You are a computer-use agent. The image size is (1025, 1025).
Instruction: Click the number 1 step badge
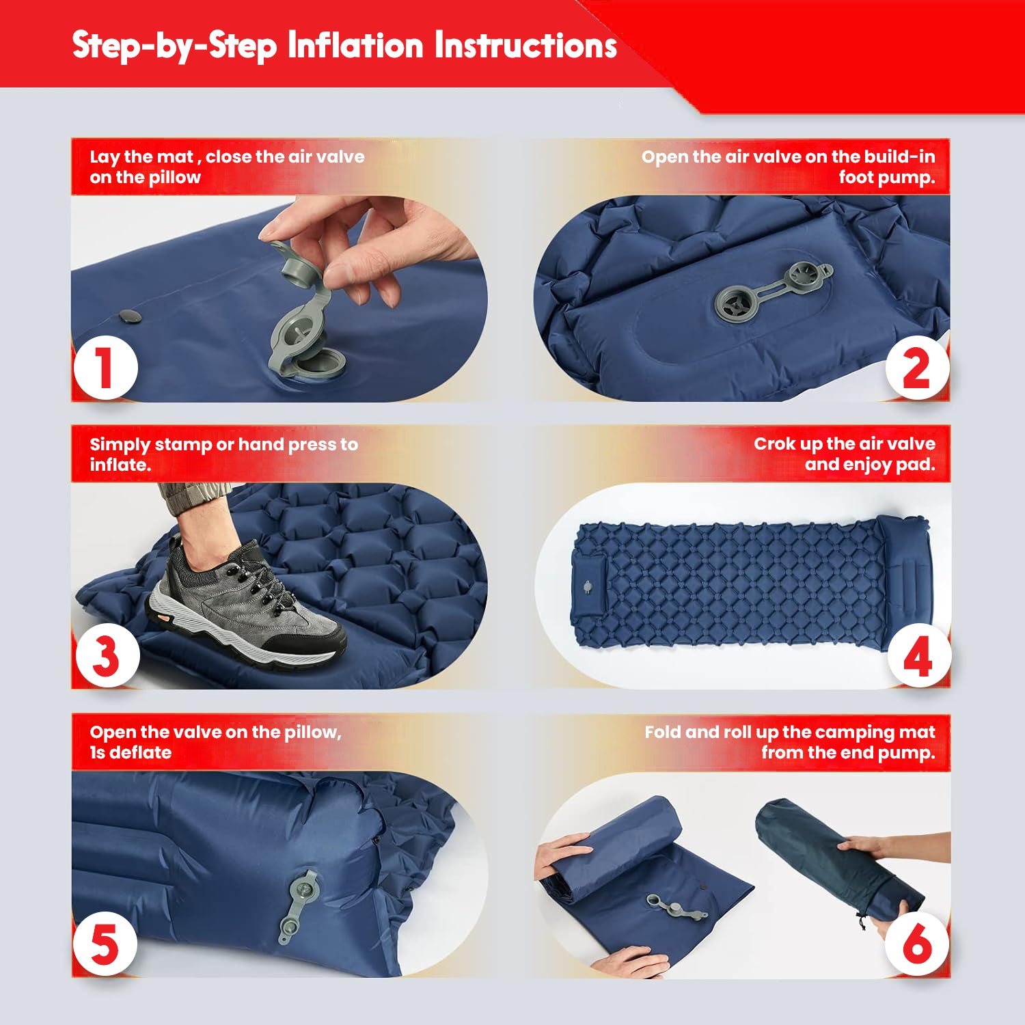[105, 368]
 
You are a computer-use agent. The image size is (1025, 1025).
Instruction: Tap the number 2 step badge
[916, 368]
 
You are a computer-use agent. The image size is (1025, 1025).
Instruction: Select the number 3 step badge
[107, 655]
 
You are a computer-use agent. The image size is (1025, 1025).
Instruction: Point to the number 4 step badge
[918, 655]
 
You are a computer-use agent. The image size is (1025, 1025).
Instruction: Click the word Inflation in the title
[355, 46]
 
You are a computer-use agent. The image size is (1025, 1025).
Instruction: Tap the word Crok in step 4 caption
[775, 444]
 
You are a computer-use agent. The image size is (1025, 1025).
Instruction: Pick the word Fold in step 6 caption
[662, 733]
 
